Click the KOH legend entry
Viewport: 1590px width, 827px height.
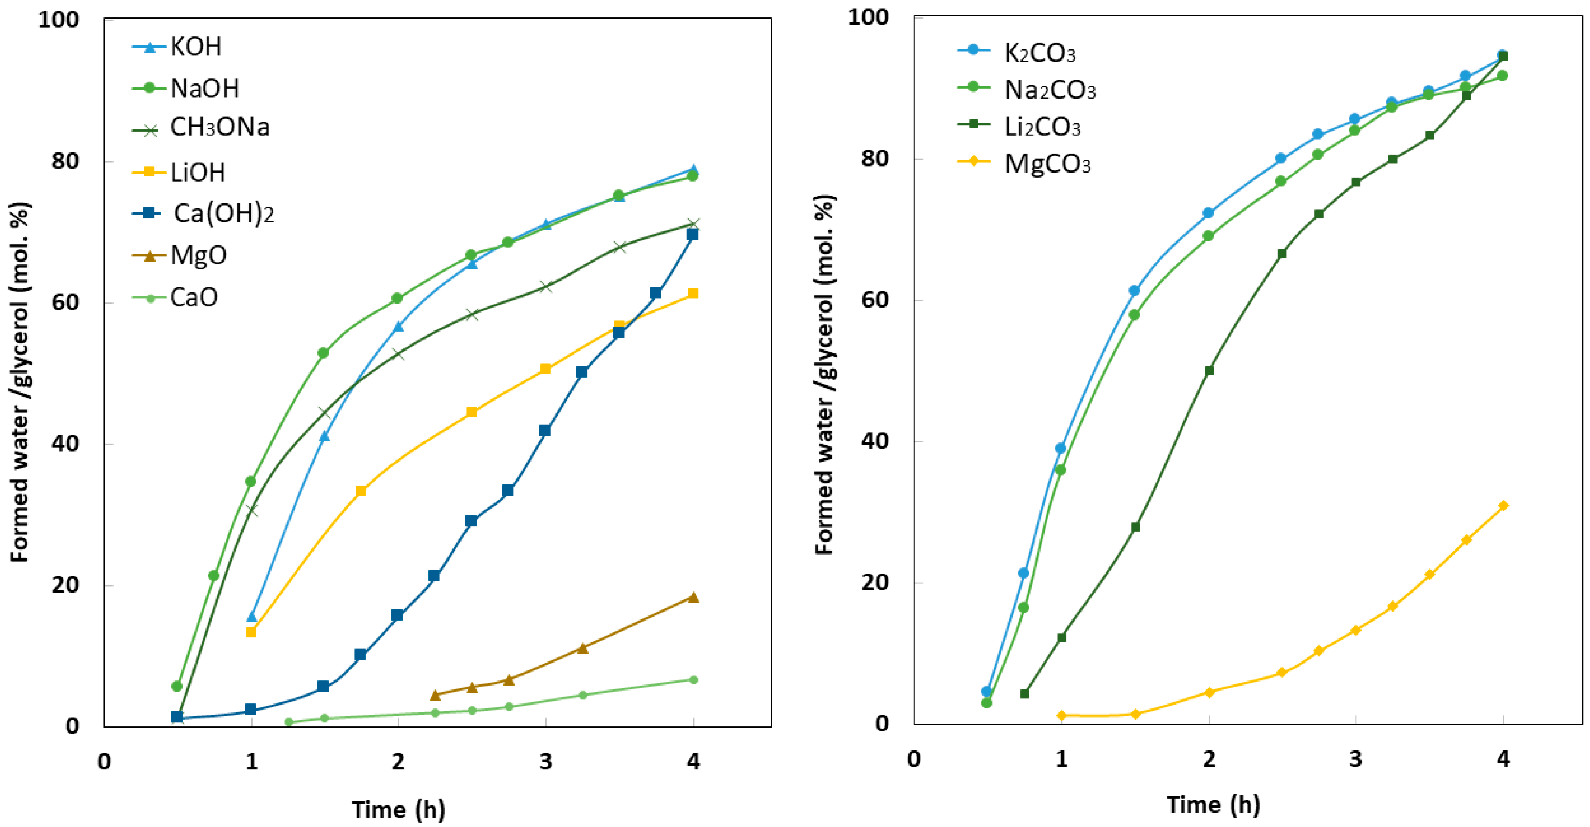(195, 47)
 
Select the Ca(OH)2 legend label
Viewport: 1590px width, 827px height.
(223, 214)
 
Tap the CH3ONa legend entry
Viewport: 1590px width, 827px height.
(219, 128)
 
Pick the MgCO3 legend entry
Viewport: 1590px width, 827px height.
(1047, 164)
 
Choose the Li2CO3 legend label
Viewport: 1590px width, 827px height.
(1042, 127)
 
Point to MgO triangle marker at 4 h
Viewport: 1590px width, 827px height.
(693, 597)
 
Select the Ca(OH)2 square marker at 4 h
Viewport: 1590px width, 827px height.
(692, 234)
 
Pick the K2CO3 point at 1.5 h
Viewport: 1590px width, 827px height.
(1135, 291)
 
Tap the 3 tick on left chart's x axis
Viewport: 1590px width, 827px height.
(545, 762)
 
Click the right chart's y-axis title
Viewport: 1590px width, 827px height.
(825, 375)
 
